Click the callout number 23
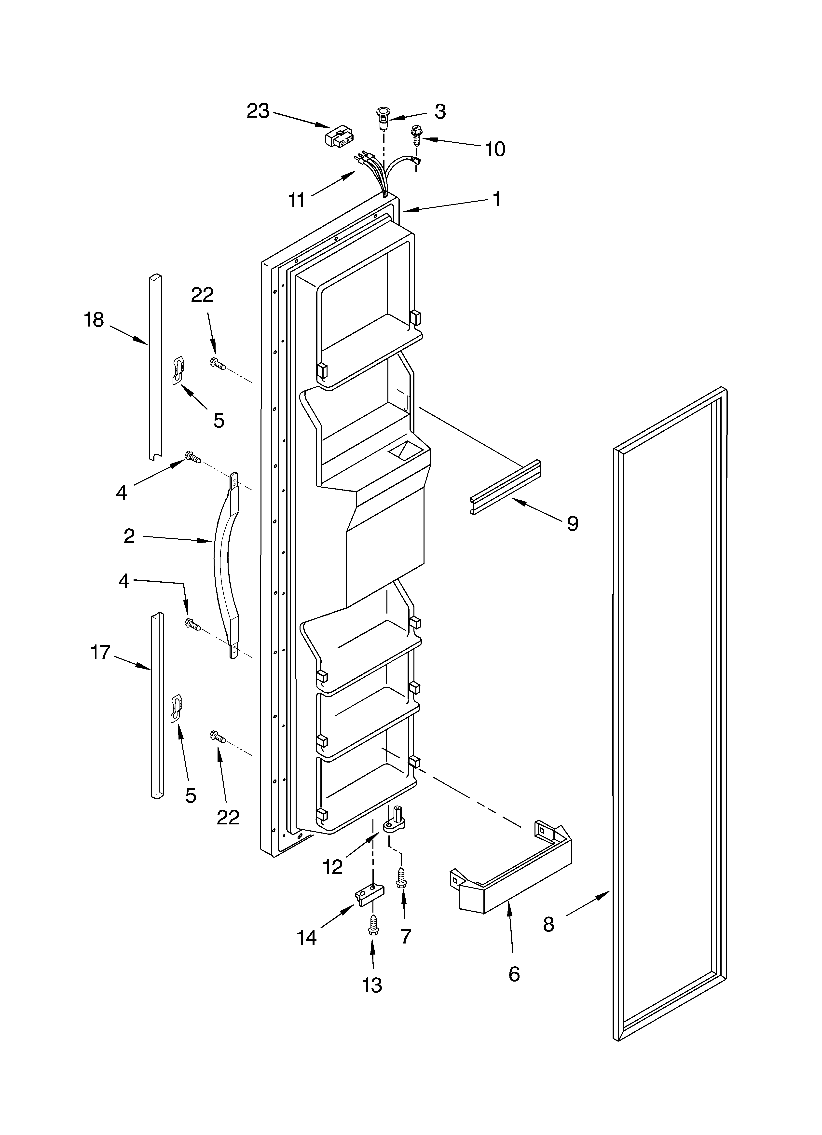pos(258,111)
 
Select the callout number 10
pos(495,149)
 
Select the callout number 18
pos(94,319)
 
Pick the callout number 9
pos(572,523)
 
